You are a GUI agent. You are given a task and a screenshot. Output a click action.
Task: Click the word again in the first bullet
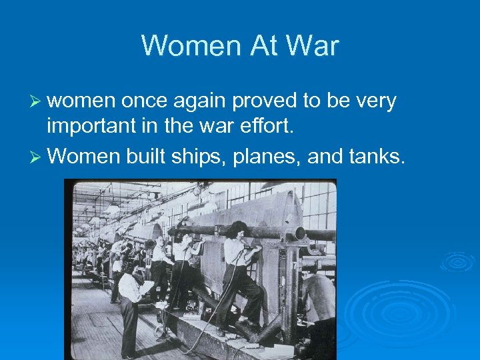pos(201,102)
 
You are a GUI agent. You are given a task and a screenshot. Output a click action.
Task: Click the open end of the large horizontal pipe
pos(300,233)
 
